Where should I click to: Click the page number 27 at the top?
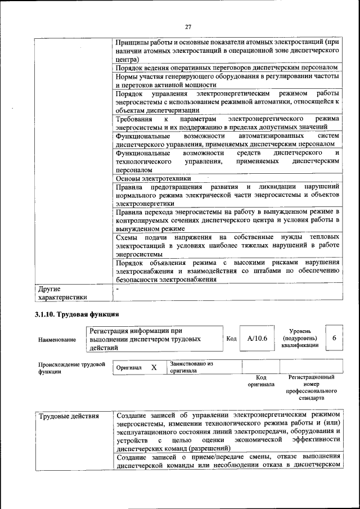point(188,26)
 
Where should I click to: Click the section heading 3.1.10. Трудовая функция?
point(76,314)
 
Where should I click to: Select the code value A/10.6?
point(256,339)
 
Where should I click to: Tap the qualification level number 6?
point(334,338)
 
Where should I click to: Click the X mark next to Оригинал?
point(154,367)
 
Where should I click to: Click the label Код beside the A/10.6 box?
point(231,339)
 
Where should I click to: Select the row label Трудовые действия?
point(69,416)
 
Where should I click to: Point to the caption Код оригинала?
point(260,381)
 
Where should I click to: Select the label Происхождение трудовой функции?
point(72,368)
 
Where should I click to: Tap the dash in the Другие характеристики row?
point(117,288)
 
